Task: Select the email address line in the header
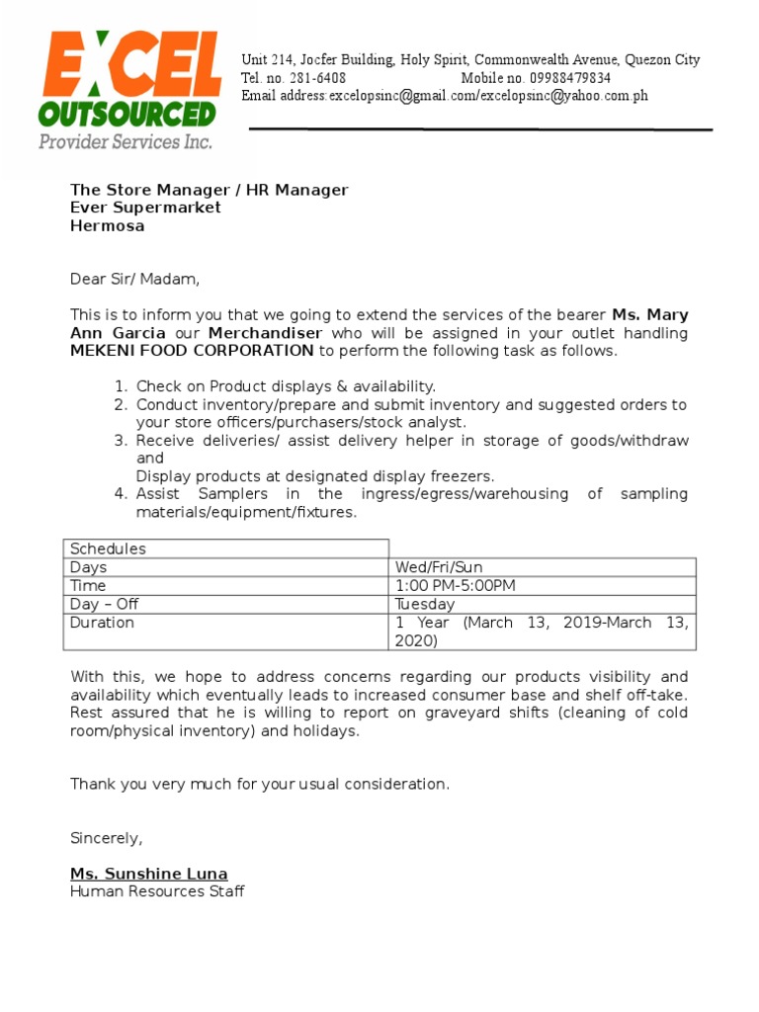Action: [445, 96]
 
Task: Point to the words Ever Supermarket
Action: [145, 208]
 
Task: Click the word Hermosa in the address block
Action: [107, 225]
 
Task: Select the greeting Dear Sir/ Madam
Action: [134, 280]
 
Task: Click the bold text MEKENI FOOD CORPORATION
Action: [192, 351]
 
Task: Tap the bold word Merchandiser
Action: [267, 333]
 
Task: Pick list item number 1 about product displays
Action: [285, 386]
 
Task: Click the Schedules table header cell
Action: [108, 548]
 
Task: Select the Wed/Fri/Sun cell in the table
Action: [439, 567]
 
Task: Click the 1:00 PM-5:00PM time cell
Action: [455, 586]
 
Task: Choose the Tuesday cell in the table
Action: [425, 604]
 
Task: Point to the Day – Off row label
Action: [105, 604]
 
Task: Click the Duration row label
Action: [102, 623]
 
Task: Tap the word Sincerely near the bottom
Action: [106, 838]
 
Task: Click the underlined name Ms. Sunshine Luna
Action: [148, 874]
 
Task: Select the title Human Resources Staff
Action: [157, 891]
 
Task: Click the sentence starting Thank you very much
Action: [259, 784]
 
